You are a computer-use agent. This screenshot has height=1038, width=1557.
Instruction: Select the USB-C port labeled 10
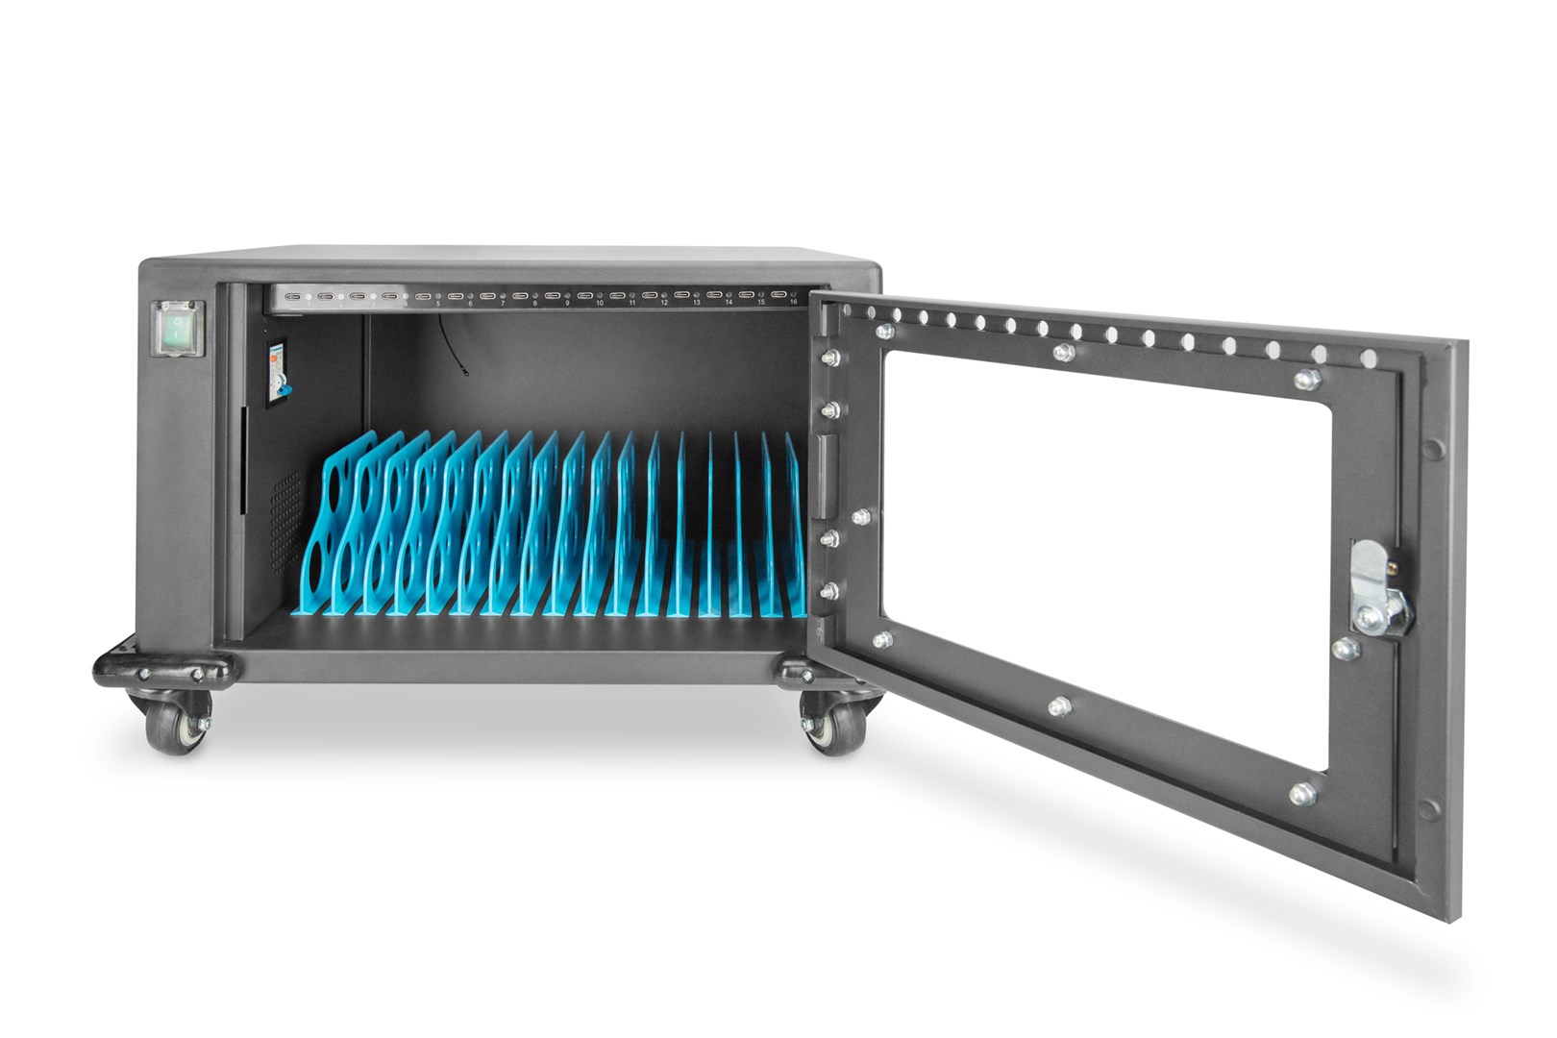point(584,295)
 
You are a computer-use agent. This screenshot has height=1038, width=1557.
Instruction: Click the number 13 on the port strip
point(697,303)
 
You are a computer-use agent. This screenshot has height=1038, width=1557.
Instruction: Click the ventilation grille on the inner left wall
point(284,519)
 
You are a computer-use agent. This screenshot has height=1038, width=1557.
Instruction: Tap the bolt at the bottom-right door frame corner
point(1301,794)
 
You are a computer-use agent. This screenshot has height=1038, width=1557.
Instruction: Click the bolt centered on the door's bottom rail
point(1058,707)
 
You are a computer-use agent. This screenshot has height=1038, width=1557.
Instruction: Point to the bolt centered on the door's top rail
point(1062,353)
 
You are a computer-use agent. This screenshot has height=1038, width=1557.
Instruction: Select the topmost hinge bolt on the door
point(827,358)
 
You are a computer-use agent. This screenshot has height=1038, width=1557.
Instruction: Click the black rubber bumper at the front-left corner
point(163,667)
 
